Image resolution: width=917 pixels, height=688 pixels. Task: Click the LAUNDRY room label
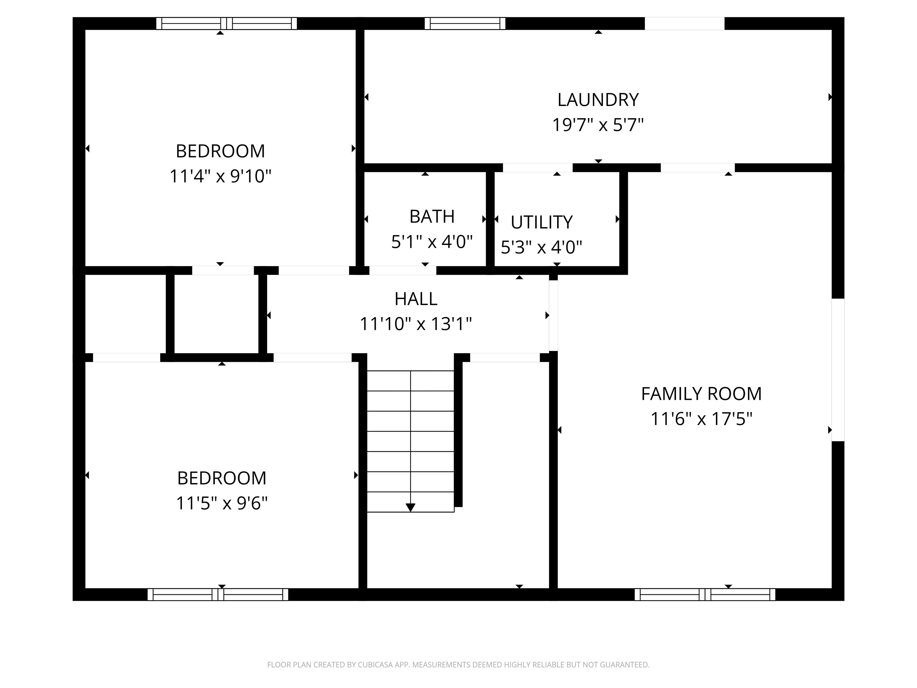pyautogui.click(x=598, y=100)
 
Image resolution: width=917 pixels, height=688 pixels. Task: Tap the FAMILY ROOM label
pyautogui.click(x=701, y=394)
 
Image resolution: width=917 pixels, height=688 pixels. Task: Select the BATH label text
pyautogui.click(x=432, y=216)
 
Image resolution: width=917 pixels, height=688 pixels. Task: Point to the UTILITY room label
pyautogui.click(x=541, y=222)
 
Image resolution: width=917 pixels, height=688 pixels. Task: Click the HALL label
pyautogui.click(x=416, y=299)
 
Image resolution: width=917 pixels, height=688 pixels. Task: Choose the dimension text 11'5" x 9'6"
pyautogui.click(x=222, y=503)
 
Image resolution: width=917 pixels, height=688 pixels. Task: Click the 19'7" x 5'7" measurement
pyautogui.click(x=598, y=125)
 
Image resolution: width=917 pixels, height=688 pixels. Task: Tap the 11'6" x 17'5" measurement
pyautogui.click(x=701, y=419)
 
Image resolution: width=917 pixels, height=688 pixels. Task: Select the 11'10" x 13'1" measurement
pyautogui.click(x=416, y=324)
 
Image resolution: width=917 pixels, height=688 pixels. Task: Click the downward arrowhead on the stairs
pyautogui.click(x=410, y=507)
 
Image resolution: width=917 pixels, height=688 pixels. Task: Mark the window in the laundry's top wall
pyautogui.click(x=465, y=23)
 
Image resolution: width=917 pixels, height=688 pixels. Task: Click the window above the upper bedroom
pyautogui.click(x=227, y=23)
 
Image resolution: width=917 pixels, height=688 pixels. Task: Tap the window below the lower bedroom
pyautogui.click(x=218, y=594)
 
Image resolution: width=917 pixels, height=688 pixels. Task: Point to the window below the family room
pyautogui.click(x=705, y=594)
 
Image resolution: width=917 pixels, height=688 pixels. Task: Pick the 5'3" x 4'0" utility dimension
pyautogui.click(x=541, y=247)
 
